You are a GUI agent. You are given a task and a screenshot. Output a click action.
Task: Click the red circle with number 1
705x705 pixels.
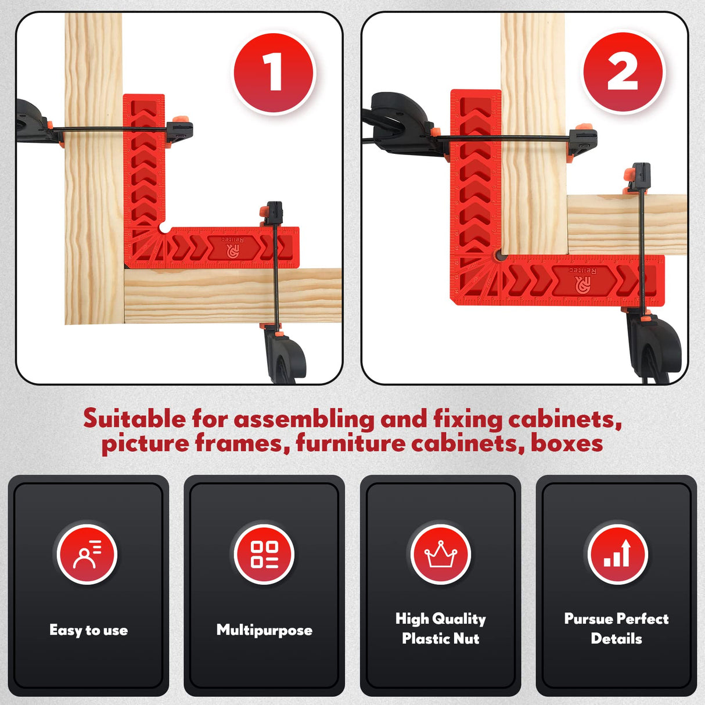pyautogui.click(x=274, y=73)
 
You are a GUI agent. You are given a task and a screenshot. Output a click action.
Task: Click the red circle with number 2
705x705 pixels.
pyautogui.click(x=623, y=73)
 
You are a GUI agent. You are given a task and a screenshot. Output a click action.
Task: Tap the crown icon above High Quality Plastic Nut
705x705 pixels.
pyautogui.click(x=441, y=554)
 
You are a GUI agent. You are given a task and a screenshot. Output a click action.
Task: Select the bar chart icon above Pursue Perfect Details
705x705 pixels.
pyautogui.click(x=617, y=554)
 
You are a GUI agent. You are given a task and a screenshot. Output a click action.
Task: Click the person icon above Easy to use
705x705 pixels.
pyautogui.click(x=88, y=554)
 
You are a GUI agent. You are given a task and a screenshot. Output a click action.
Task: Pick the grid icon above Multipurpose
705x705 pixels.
pyautogui.click(x=264, y=554)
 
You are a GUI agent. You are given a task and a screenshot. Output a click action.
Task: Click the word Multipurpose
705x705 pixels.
pyautogui.click(x=264, y=630)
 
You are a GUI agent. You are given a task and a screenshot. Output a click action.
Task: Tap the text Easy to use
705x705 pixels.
pyautogui.click(x=88, y=630)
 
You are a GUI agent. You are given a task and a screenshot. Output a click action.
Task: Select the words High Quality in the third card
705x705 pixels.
pyautogui.click(x=441, y=619)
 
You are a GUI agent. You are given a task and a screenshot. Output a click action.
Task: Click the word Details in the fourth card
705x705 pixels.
pyautogui.click(x=616, y=639)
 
